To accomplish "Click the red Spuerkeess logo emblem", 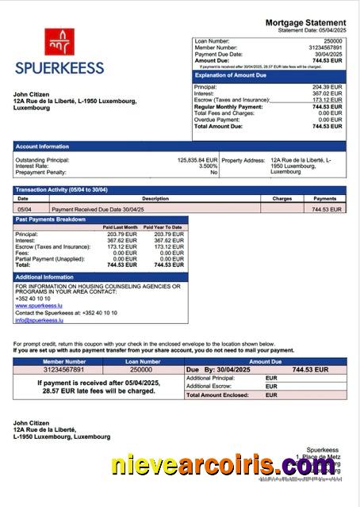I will (59, 42).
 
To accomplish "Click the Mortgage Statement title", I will (305, 23).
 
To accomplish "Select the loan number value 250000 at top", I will (333, 40).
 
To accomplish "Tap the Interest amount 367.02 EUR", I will (327, 93).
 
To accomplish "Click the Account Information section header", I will (42, 147).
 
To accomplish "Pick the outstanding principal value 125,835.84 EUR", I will (197, 159).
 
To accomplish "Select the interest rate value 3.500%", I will (208, 166).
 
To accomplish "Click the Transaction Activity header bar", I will (61, 190).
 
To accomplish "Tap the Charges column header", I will (281, 199).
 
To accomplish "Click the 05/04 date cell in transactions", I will (25, 209).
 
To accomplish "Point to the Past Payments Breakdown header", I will (51, 219).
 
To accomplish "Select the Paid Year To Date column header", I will (163, 227).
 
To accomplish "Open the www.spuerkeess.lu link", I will (39, 305).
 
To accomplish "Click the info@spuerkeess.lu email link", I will (40, 320).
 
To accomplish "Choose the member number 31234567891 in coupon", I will (63, 369).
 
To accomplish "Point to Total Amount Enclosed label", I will (220, 395).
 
